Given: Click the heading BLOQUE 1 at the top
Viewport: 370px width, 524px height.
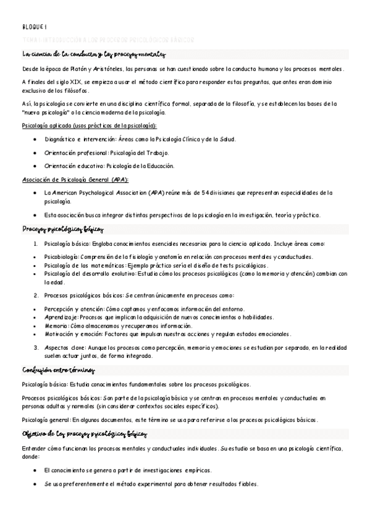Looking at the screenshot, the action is (x=30, y=27).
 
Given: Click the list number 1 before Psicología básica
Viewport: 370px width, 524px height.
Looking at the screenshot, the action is (x=36, y=243).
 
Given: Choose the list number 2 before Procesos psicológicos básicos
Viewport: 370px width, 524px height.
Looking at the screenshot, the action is (x=36, y=295).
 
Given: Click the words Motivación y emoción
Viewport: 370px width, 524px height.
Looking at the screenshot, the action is (x=70, y=334).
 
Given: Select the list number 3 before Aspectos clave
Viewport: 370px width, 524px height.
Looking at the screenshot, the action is (x=36, y=347).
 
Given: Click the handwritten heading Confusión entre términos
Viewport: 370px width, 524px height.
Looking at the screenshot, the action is (x=57, y=371).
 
